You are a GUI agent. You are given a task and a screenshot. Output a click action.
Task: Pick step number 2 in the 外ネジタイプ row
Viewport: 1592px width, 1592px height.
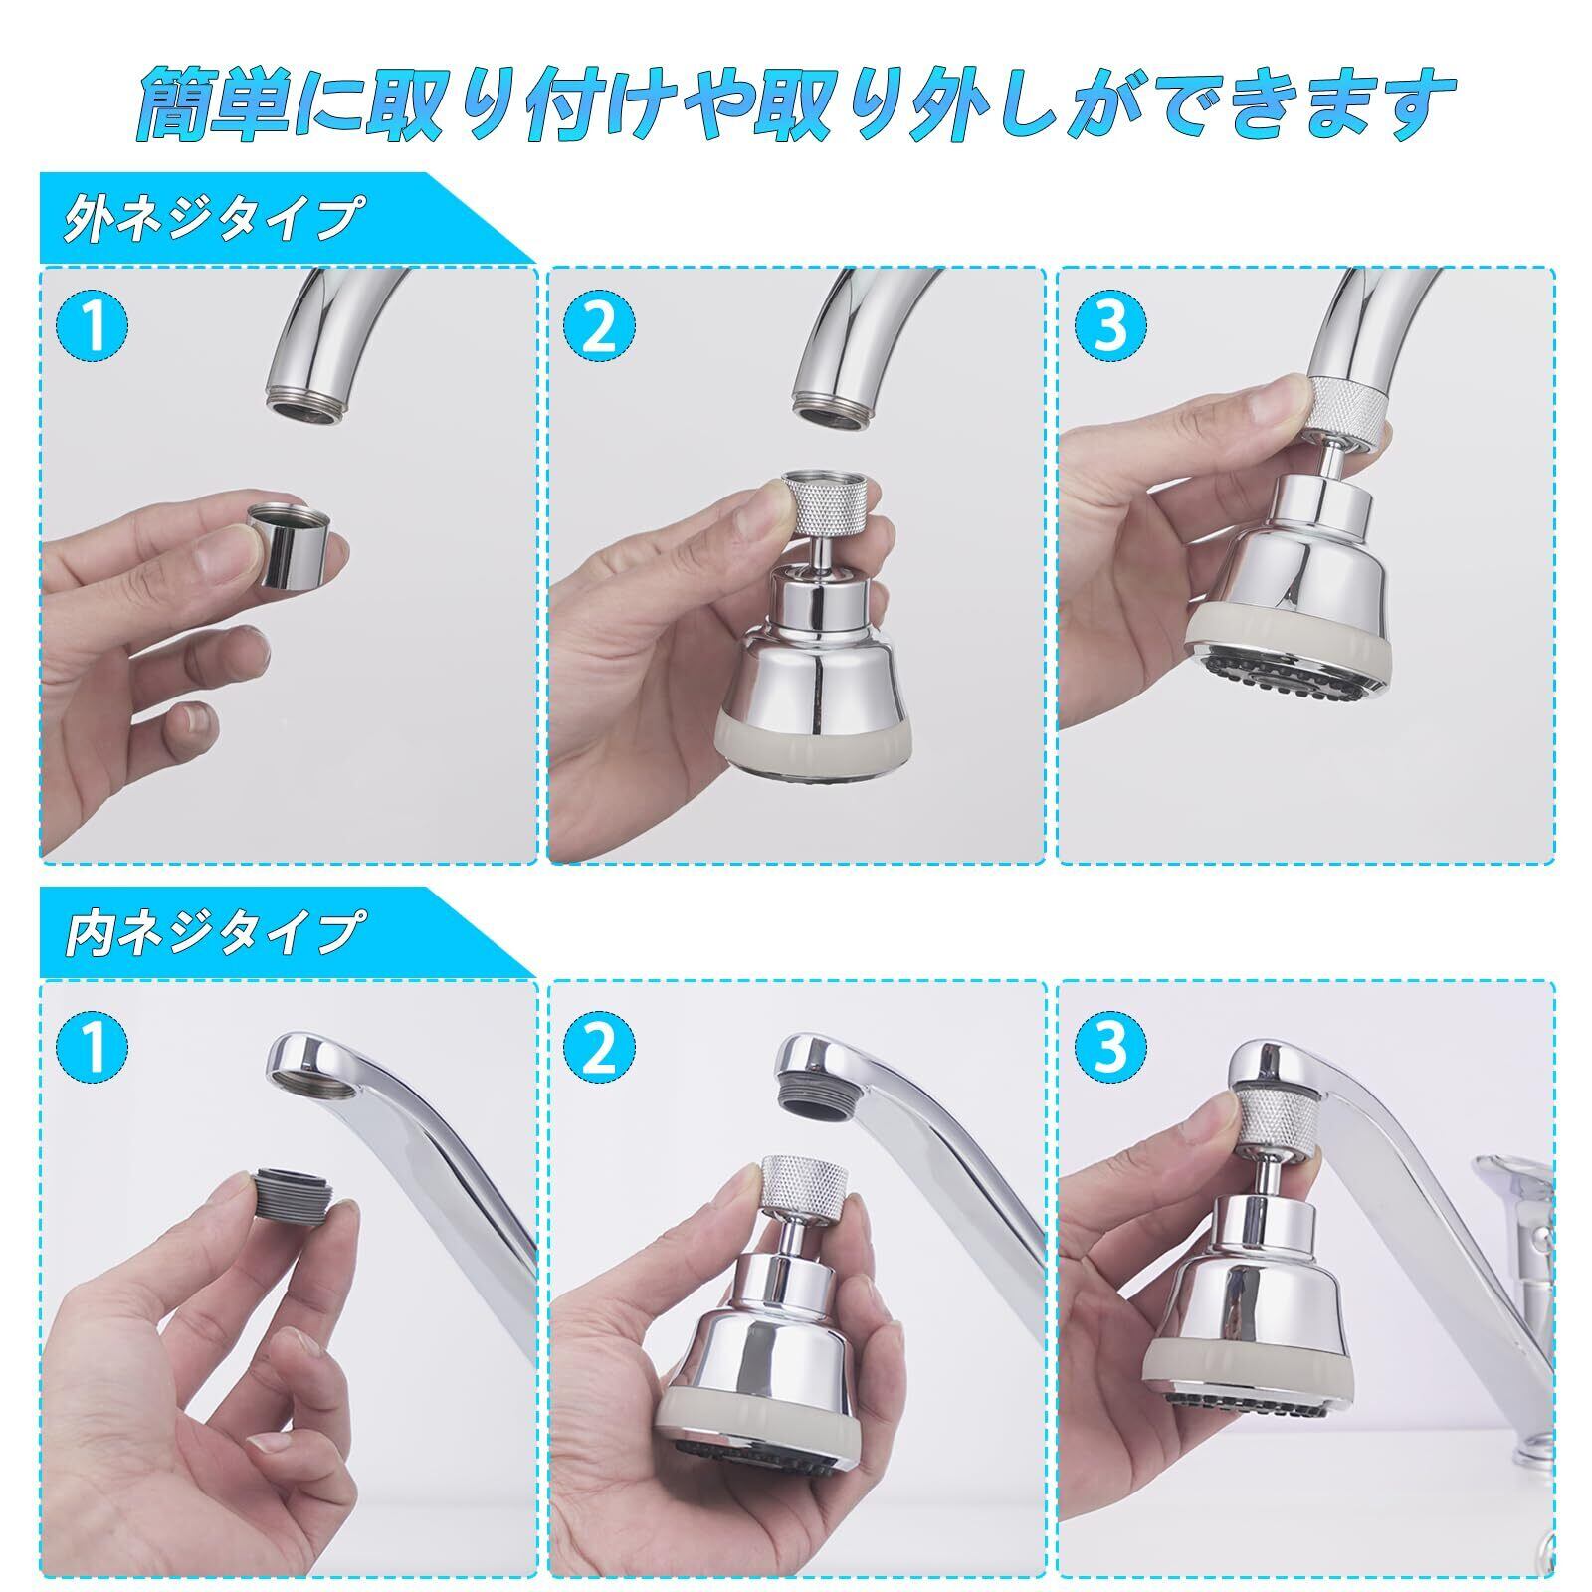point(601,325)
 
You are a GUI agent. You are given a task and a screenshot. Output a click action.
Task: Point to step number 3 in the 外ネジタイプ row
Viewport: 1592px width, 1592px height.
point(1109,325)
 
